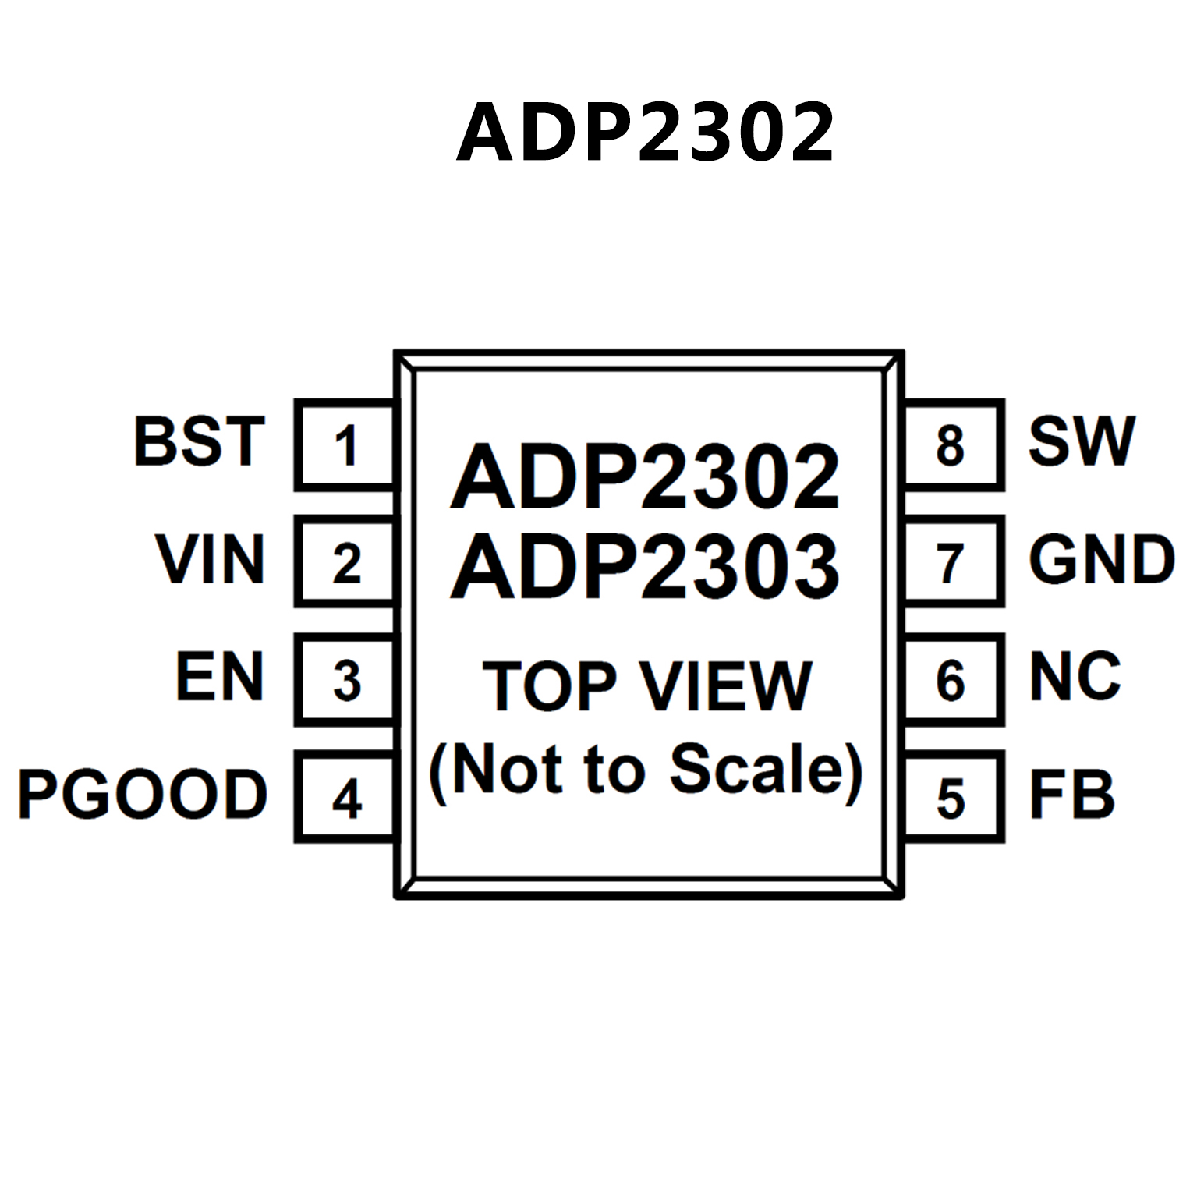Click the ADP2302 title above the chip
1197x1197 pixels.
(x=646, y=133)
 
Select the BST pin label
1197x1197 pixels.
(x=200, y=441)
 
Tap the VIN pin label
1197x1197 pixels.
(x=211, y=559)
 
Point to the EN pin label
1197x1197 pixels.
(x=220, y=677)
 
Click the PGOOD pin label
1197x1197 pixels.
(x=143, y=795)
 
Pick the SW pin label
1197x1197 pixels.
(x=1082, y=441)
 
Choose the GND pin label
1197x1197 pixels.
(x=1101, y=559)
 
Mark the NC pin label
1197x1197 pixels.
(x=1075, y=677)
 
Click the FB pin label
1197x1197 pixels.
(x=1072, y=795)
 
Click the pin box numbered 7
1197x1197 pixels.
(x=951, y=562)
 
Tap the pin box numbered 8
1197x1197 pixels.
(x=951, y=445)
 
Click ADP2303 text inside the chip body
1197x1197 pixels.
(x=646, y=567)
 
